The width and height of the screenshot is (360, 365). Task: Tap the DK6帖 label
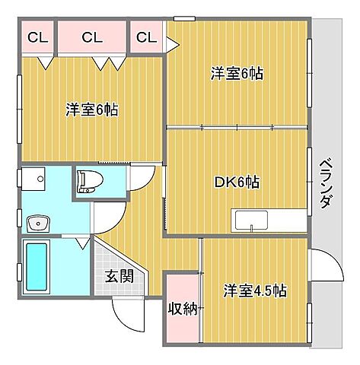(x=236, y=182)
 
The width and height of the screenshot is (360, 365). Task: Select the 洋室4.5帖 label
(x=254, y=290)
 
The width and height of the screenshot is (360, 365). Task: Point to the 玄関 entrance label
(x=120, y=275)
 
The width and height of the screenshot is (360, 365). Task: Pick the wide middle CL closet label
(x=91, y=36)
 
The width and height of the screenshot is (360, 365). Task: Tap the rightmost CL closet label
(x=147, y=36)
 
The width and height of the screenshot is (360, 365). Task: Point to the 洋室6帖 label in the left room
(x=91, y=109)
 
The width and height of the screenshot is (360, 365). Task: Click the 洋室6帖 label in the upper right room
(x=237, y=74)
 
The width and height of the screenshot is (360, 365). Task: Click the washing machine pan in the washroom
(x=35, y=180)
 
